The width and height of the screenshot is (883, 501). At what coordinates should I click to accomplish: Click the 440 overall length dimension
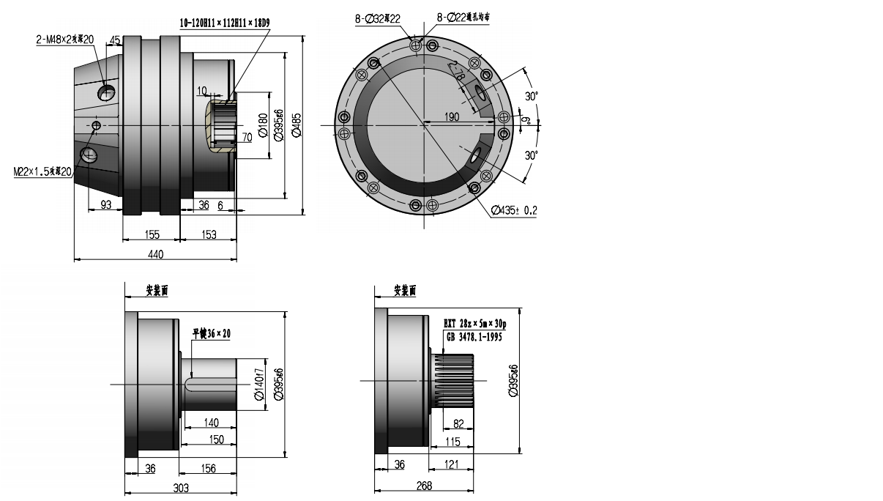[x=155, y=254]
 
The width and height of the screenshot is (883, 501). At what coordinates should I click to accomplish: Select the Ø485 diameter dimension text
[x=297, y=125]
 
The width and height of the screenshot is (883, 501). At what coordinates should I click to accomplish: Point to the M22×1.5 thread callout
[x=42, y=171]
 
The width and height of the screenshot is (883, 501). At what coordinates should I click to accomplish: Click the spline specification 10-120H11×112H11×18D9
[x=225, y=23]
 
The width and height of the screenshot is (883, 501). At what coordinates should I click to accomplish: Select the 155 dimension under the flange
[x=152, y=234]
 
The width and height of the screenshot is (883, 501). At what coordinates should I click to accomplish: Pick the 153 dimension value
[x=209, y=234]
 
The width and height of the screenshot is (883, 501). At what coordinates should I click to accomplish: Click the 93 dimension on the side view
[x=106, y=206]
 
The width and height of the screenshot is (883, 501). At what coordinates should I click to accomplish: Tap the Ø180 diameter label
[x=263, y=125]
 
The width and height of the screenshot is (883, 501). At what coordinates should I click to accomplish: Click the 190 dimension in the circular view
[x=452, y=117]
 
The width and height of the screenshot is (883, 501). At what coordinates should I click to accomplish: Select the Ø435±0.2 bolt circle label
[x=514, y=210]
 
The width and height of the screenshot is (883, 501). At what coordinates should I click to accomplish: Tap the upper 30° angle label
[x=532, y=96]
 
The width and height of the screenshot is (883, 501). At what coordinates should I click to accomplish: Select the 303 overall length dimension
[x=181, y=488]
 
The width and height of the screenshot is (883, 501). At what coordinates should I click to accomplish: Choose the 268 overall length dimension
[x=424, y=486]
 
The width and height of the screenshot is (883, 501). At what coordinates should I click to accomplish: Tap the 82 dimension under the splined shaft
[x=459, y=424]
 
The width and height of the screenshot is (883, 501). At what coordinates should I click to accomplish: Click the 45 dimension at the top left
[x=115, y=40]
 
